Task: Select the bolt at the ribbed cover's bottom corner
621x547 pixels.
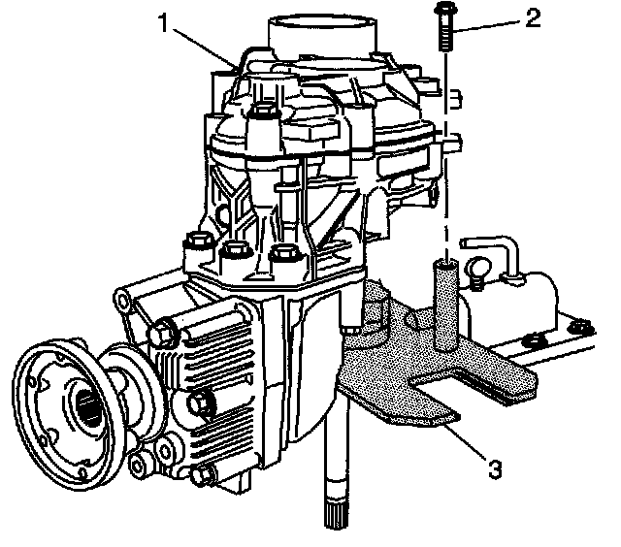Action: tap(206, 476)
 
